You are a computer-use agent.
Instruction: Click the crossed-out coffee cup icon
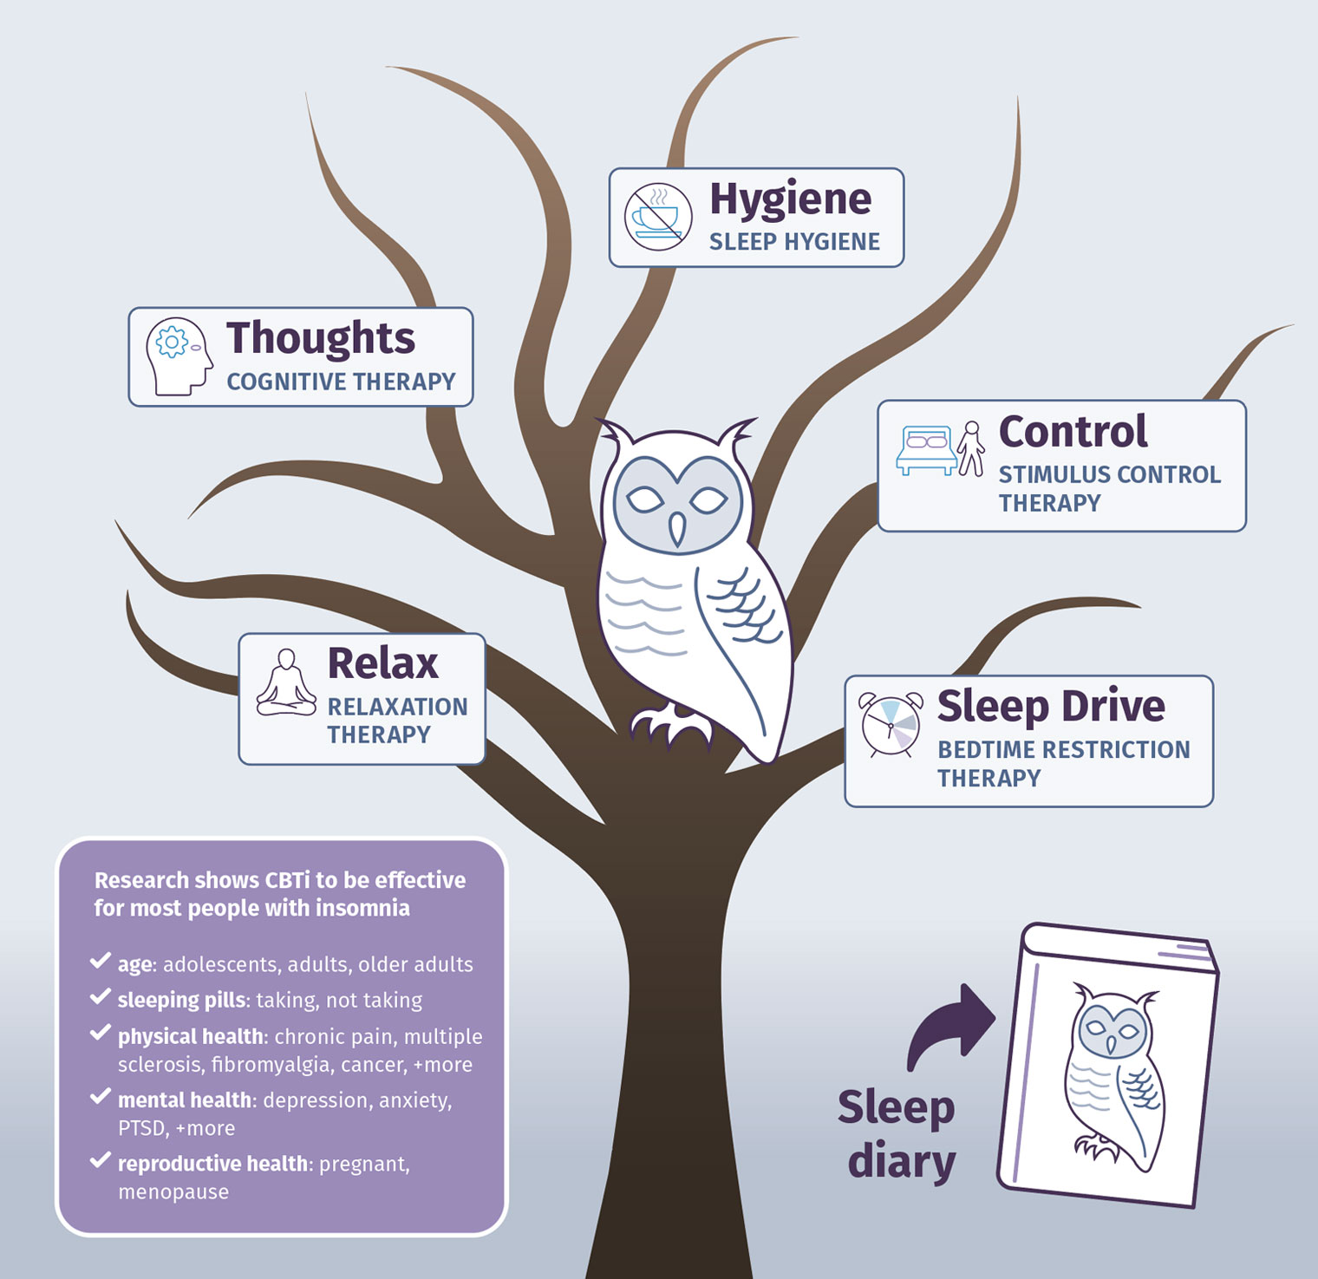tap(658, 217)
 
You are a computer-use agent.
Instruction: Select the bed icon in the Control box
tap(926, 450)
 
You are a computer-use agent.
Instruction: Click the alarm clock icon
tap(891, 724)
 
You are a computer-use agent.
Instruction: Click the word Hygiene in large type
tap(790, 200)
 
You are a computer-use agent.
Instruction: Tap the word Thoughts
tap(321, 338)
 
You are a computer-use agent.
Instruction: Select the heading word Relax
tap(382, 663)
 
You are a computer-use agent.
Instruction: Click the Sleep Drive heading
tap(1051, 708)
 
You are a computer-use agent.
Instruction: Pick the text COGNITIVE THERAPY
tap(341, 382)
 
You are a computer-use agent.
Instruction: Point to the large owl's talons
tap(670, 727)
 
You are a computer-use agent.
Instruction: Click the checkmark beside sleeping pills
tap(100, 998)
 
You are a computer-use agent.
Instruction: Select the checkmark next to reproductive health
tap(100, 1160)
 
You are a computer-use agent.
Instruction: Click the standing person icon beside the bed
tap(971, 448)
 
